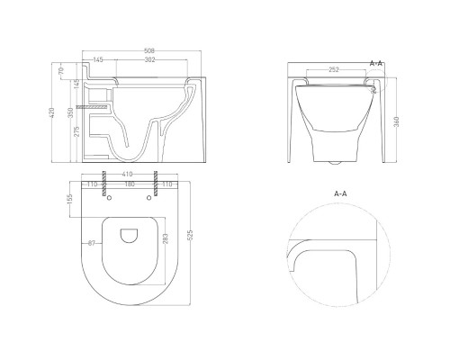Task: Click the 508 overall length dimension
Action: tap(149, 50)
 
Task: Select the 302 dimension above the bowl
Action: tap(149, 59)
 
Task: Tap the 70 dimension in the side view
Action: tap(61, 71)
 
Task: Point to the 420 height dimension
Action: tap(52, 112)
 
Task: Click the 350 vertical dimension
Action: tap(70, 112)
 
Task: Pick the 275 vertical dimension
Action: tap(76, 131)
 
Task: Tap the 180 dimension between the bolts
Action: tap(130, 184)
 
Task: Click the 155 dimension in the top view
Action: tap(70, 199)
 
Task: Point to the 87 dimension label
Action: tap(92, 243)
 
